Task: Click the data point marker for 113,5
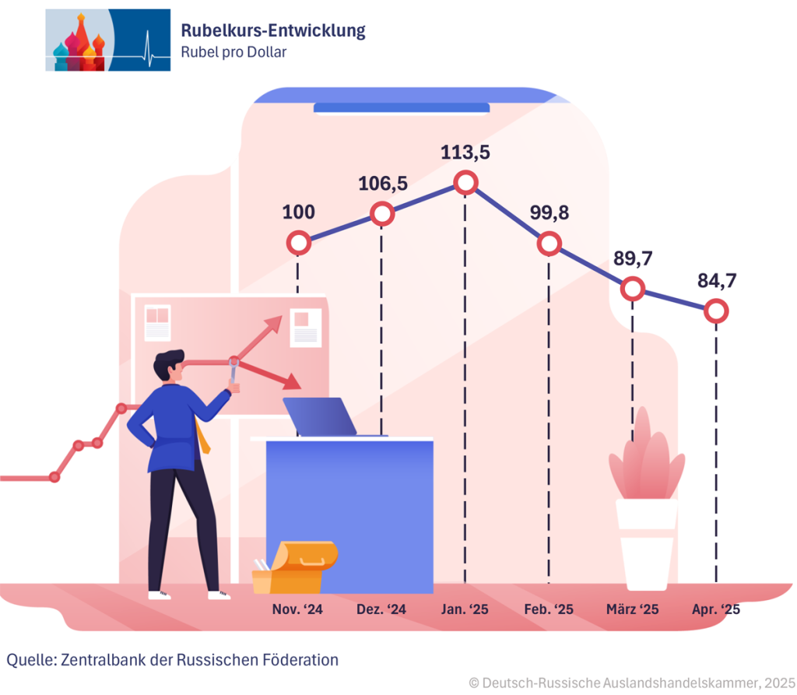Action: click(465, 183)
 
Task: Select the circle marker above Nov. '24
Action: click(298, 244)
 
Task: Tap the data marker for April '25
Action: click(716, 312)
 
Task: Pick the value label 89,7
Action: click(633, 259)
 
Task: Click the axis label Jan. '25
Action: click(465, 609)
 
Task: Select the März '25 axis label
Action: click(632, 609)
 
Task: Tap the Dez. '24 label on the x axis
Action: click(381, 609)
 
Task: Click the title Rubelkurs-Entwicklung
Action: click(272, 31)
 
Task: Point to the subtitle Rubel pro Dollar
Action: click(233, 52)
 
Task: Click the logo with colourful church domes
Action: click(107, 40)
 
